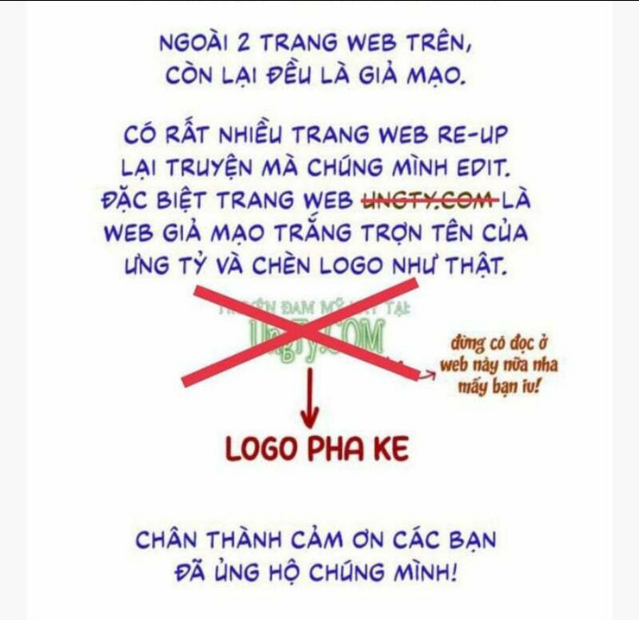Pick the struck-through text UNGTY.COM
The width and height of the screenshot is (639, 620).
click(x=425, y=201)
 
